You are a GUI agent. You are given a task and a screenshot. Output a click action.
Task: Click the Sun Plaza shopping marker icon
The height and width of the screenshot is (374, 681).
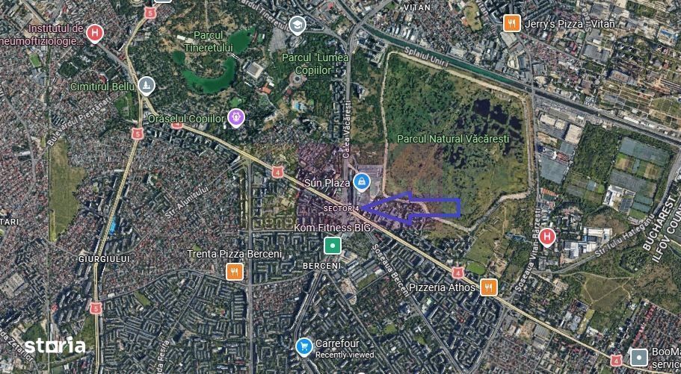click(361, 181)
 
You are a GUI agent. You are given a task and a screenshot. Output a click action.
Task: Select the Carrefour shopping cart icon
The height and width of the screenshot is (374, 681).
click(303, 346)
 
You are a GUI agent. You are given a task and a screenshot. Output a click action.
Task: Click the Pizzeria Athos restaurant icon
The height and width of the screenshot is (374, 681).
click(489, 287)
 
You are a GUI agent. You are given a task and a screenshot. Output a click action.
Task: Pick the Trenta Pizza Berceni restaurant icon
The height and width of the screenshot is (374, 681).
click(235, 272)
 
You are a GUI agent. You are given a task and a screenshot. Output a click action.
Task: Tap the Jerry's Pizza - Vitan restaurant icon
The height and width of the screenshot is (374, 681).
click(511, 23)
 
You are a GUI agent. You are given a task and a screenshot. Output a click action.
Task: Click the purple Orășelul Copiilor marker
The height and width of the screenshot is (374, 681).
click(236, 117)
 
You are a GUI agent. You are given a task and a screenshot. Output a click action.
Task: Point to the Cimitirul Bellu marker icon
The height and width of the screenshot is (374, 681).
click(147, 86)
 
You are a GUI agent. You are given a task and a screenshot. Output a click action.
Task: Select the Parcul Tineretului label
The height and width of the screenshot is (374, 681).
click(209, 41)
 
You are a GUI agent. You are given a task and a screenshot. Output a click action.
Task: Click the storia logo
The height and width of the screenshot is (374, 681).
click(55, 346)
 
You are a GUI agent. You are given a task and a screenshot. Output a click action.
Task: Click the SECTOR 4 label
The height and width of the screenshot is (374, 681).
click(342, 208)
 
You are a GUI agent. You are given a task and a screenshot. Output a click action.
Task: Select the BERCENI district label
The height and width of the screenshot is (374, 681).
click(321, 266)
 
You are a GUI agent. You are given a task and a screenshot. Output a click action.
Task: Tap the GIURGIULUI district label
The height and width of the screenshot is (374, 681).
click(104, 258)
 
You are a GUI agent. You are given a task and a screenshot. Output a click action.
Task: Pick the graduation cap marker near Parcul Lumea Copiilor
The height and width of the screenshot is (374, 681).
click(298, 25)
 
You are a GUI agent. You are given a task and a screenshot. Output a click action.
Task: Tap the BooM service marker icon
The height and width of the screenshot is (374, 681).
click(638, 357)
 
